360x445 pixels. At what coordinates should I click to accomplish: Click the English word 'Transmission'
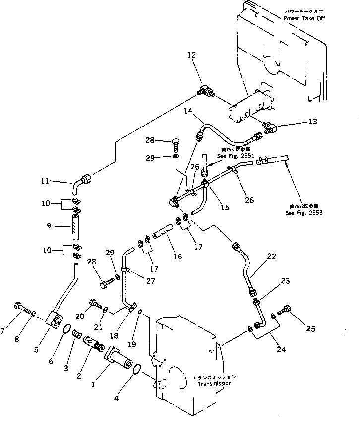tap(216, 384)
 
